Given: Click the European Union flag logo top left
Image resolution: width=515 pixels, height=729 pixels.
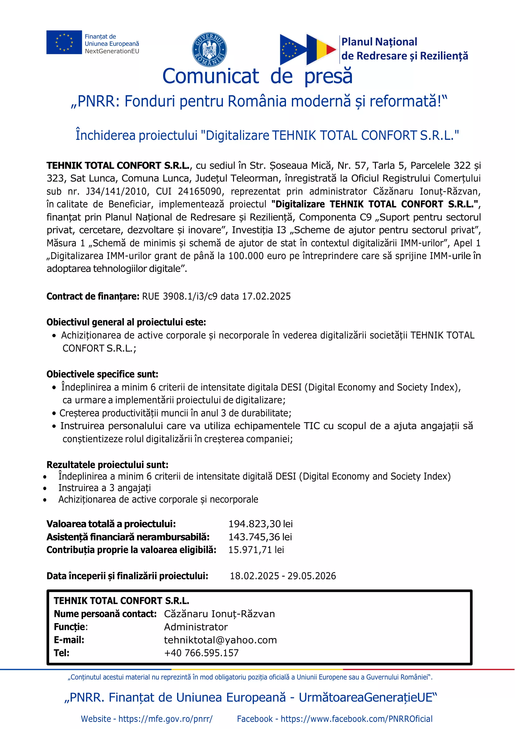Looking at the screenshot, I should [x=64, y=42].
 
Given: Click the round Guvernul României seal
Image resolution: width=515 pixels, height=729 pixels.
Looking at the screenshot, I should [x=209, y=50].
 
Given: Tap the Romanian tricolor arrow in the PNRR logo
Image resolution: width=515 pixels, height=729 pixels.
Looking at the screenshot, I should [x=321, y=49].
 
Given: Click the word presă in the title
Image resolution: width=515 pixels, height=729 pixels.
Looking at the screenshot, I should [x=328, y=76].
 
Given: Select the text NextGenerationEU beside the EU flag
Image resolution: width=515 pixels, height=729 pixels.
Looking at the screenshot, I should [x=112, y=51].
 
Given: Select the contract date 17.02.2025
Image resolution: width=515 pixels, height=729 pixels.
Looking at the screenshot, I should [x=266, y=296].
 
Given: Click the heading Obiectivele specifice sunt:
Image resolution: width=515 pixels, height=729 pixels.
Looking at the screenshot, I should [x=102, y=374].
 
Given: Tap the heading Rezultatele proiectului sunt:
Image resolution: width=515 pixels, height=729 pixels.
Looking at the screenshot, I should [x=107, y=465].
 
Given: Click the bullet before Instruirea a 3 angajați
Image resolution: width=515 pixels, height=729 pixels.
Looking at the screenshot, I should [x=45, y=488].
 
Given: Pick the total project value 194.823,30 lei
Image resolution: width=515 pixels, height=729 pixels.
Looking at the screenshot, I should [x=260, y=523].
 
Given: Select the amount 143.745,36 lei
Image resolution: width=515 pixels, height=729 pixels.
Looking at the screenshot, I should [x=260, y=537].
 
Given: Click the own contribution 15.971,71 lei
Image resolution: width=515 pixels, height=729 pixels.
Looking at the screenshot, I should [x=256, y=550].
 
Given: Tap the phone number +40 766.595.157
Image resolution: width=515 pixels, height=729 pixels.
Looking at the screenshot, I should [x=201, y=653].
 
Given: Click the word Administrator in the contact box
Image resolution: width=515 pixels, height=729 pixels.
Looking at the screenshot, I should [x=196, y=627].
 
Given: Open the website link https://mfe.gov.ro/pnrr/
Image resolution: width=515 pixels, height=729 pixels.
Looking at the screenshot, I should [x=165, y=718].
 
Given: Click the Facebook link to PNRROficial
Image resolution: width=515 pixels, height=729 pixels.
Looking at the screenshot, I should [x=356, y=718].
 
